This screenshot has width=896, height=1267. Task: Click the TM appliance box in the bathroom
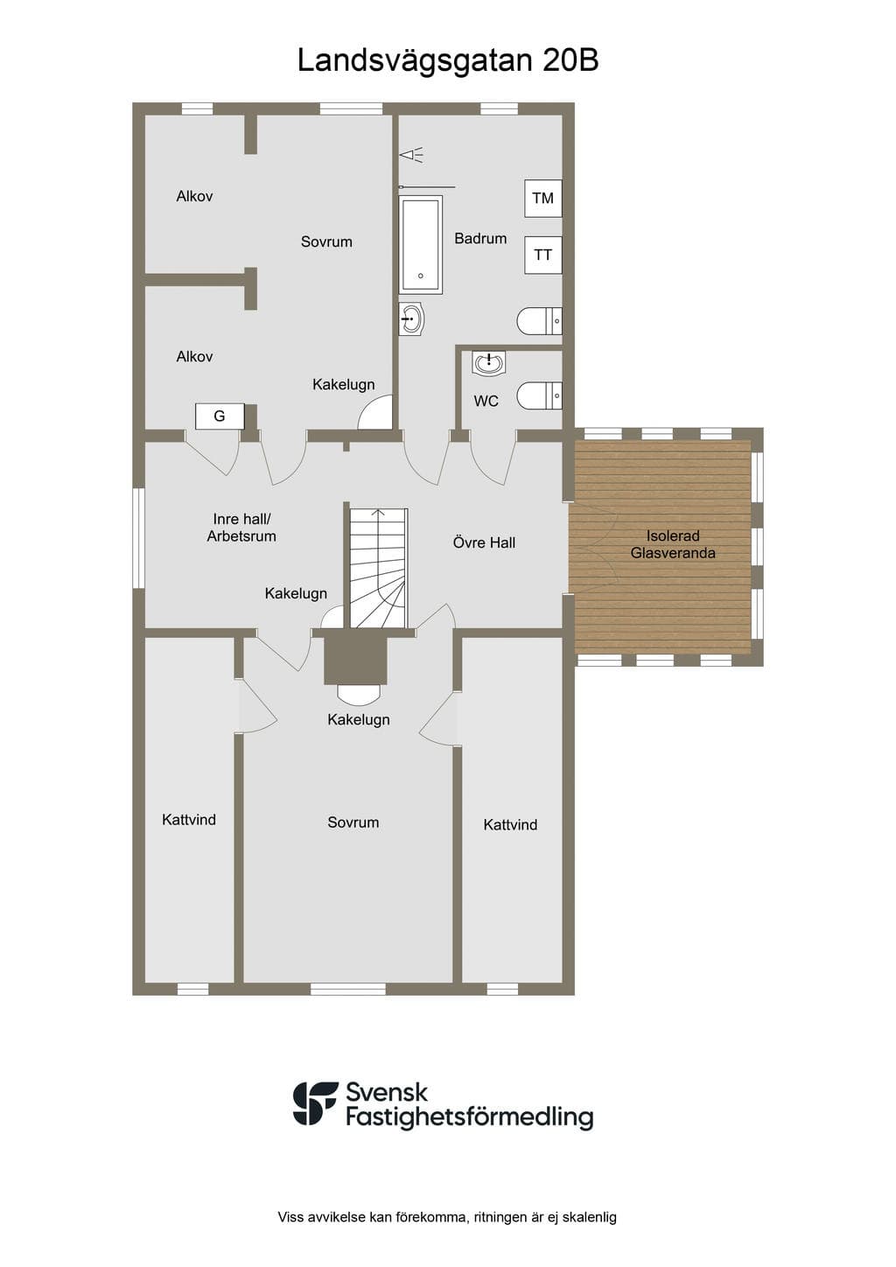tap(542, 198)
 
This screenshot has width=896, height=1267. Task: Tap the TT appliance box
tap(542, 255)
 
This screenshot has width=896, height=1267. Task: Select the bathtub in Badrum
tap(420, 244)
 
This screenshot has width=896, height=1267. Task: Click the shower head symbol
tap(411, 154)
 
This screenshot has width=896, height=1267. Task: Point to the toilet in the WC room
tap(539, 395)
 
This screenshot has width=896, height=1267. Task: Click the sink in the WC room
tap(488, 363)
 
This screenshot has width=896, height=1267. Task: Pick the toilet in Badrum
tap(539, 321)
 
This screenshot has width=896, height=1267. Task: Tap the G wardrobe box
tap(220, 416)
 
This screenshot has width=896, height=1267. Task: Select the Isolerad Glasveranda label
tap(673, 544)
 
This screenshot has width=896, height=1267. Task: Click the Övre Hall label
tap(484, 543)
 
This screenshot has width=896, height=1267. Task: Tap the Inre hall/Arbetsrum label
tap(241, 528)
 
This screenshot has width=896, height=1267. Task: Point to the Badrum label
tap(480, 239)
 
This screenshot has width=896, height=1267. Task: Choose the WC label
tap(486, 401)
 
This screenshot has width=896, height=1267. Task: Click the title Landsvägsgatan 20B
tap(447, 60)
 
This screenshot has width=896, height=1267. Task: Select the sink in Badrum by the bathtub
tap(412, 319)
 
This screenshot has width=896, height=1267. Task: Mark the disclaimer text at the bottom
tap(447, 1216)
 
